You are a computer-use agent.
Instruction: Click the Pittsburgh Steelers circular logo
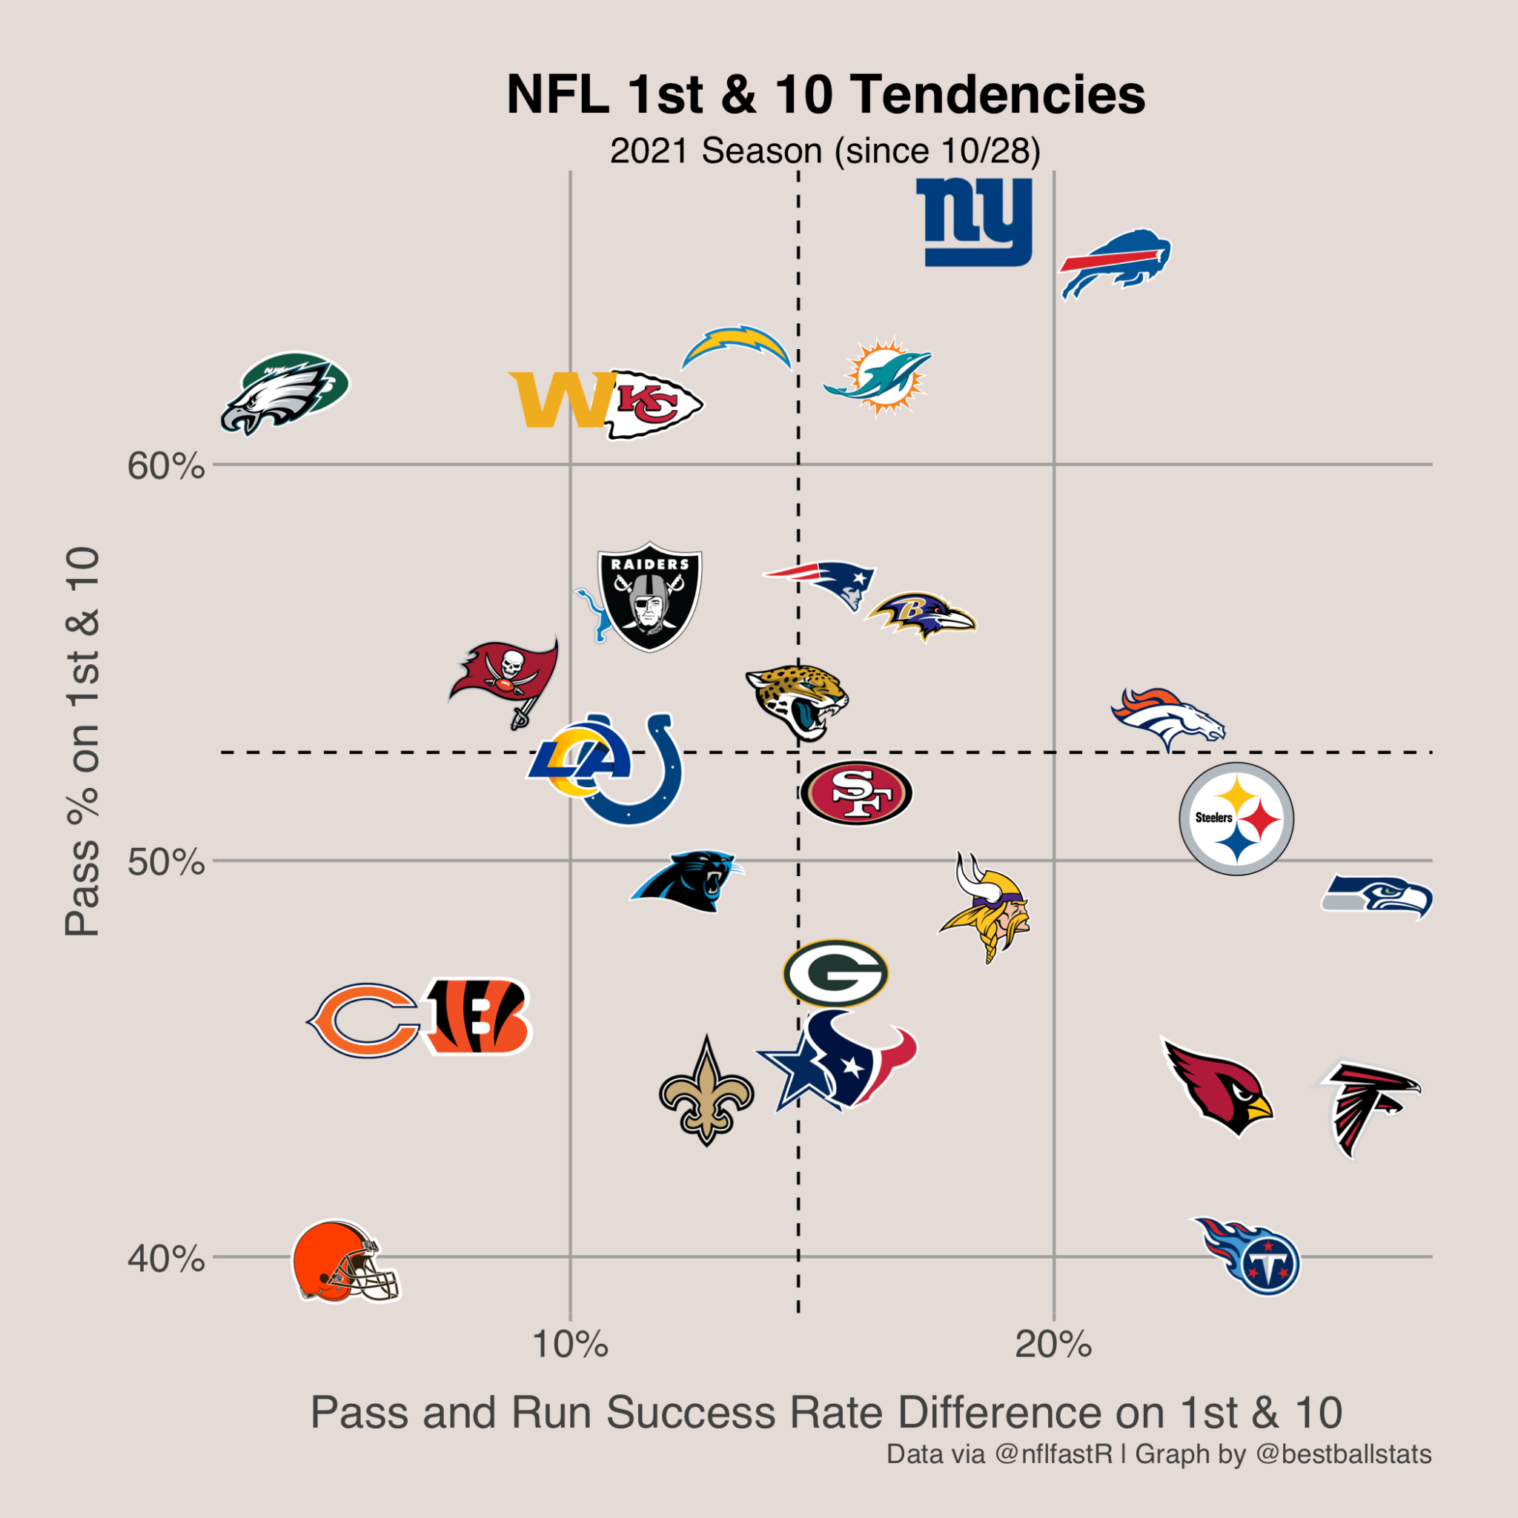pos(1236,819)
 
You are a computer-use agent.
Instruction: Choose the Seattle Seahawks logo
pos(1376,897)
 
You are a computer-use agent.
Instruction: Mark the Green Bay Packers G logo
pos(835,973)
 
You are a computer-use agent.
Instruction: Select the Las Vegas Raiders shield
pos(649,597)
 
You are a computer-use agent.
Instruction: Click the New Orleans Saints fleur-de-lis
pos(706,1092)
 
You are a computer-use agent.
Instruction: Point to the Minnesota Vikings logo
pos(986,906)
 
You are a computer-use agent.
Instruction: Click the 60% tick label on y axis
pos(166,467)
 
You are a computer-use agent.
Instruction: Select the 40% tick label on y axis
pos(166,1259)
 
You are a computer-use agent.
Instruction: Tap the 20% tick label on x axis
pos(1053,1345)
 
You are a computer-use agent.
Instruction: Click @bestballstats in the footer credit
pos(1344,1454)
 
